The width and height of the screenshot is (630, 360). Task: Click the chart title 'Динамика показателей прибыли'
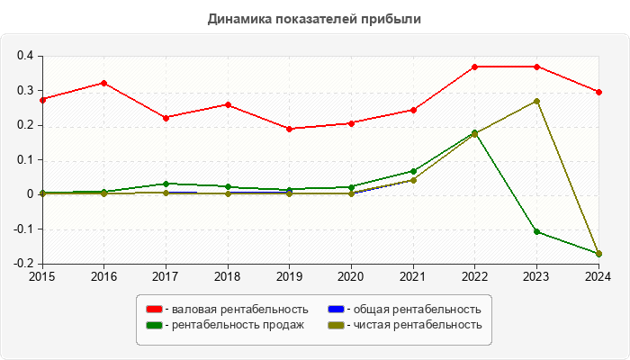314,18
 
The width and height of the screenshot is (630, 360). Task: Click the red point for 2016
104,83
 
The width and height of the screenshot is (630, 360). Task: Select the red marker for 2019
289,129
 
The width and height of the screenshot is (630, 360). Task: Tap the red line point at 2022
474,67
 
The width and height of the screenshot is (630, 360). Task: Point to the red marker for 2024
598,92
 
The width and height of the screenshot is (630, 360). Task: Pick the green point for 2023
536,231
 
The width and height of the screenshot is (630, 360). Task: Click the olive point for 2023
536,101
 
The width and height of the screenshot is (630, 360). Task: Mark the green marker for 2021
413,171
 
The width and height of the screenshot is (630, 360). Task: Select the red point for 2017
166,118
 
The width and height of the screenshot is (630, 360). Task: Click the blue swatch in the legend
335,310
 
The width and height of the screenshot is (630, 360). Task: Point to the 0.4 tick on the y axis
24,56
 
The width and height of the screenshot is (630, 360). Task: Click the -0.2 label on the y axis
22,264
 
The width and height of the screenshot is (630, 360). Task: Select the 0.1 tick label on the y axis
24,160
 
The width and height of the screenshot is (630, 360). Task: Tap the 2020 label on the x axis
351,276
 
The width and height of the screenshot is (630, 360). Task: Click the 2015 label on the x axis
42,276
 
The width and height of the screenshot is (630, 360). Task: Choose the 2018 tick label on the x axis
228,276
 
